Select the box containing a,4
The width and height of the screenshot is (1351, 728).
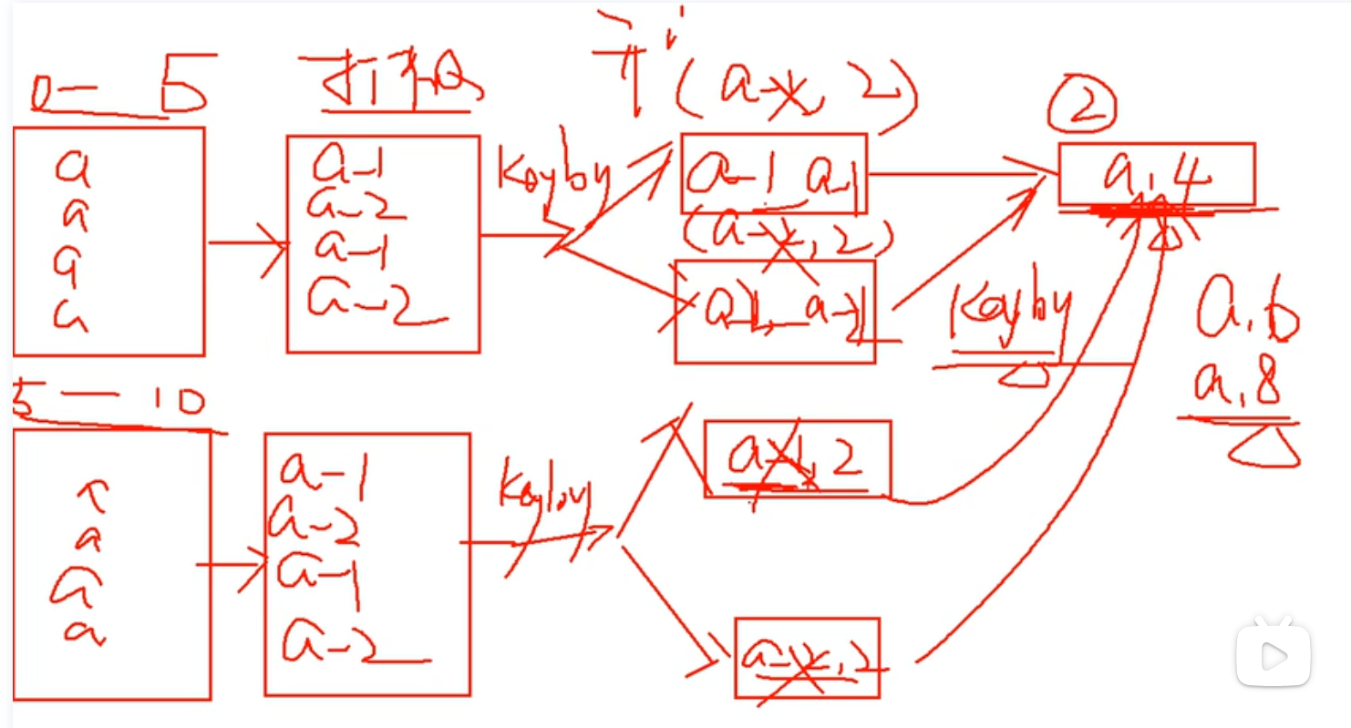[x=1156, y=174]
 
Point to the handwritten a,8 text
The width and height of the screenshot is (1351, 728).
[x=1239, y=388]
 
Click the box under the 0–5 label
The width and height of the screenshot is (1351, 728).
[x=108, y=241]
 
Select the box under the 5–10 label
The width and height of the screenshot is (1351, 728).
[x=111, y=565]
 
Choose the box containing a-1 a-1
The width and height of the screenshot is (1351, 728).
[x=774, y=174]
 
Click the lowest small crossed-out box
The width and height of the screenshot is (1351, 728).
[x=807, y=658]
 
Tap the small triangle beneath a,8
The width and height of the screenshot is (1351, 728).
[x=1263, y=448]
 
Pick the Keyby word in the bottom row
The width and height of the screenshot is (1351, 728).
[x=545, y=500]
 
